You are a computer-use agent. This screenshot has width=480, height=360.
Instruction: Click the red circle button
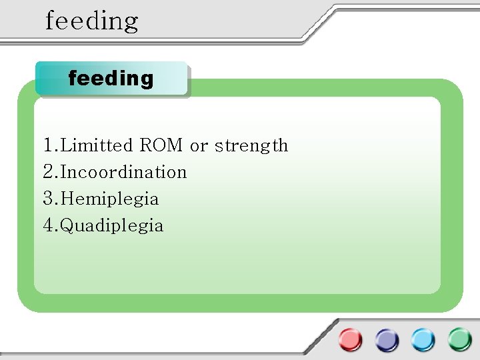tap(350, 340)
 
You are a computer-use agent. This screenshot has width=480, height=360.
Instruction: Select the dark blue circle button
tap(387, 340)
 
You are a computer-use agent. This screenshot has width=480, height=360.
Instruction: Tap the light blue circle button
tap(423, 340)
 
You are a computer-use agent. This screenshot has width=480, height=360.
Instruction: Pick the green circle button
tap(459, 340)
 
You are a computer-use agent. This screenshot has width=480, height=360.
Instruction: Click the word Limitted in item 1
tap(97, 145)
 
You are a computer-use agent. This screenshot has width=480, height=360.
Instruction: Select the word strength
tap(251, 146)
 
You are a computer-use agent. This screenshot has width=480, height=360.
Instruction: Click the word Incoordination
tap(124, 172)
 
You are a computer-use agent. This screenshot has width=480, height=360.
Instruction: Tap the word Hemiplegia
tap(110, 199)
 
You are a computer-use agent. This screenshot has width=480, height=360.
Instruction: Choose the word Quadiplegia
tap(112, 226)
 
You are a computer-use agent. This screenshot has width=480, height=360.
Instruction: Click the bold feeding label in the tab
tap(111, 79)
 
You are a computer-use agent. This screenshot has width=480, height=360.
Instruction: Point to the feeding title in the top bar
tap(92, 21)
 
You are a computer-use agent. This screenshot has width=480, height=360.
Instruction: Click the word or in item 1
tap(198, 146)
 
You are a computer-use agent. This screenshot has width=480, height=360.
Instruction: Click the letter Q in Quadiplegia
tap(67, 225)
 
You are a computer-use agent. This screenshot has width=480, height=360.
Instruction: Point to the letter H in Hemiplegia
tap(67, 199)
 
